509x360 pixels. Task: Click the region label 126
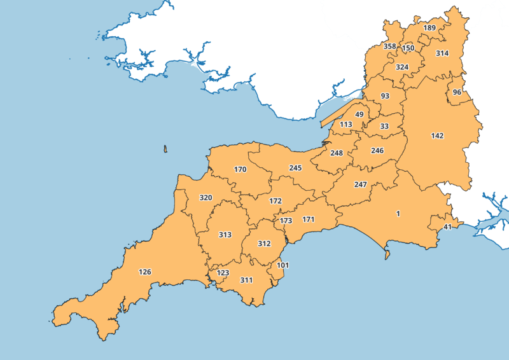point(145,272)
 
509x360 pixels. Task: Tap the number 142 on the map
point(437,136)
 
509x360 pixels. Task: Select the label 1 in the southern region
point(398,214)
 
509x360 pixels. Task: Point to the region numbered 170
point(240,170)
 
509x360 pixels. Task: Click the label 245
point(295,168)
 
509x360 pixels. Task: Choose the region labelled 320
point(206,198)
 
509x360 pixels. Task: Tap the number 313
point(225,235)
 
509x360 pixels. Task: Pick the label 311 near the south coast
point(246,280)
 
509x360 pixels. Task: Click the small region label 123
point(223,273)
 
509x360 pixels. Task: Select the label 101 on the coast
point(283,265)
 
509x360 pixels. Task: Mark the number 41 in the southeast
point(447,227)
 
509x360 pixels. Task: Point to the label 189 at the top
point(429,28)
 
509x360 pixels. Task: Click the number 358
point(390,46)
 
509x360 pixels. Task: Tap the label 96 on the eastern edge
point(457,92)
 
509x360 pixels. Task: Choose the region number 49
point(359,114)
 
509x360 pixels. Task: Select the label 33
point(384,127)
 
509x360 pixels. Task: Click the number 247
point(361,184)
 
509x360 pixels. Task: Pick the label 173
point(286,221)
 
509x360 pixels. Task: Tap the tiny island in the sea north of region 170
point(165,149)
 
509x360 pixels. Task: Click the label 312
point(264,244)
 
